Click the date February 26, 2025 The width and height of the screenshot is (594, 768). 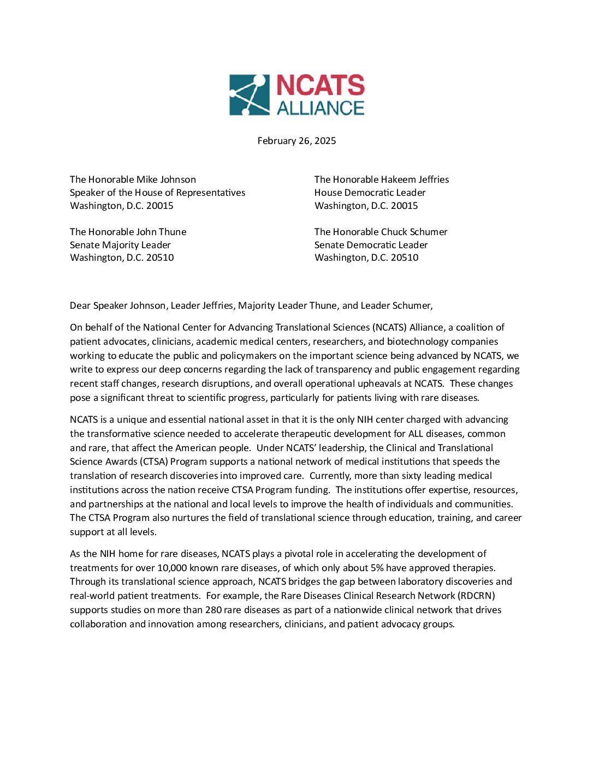coord(296,141)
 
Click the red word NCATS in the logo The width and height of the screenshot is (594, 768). coord(320,86)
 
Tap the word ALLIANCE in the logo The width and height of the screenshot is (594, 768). coord(320,107)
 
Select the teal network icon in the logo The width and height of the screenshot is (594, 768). coord(249,95)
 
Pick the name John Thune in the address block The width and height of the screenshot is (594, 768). coord(161,232)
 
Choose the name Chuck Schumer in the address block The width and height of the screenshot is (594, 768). coord(417,232)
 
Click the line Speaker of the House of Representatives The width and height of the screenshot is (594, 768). coord(157,193)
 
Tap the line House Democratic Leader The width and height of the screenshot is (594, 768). coord(370,193)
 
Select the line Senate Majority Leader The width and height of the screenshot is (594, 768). coord(120,245)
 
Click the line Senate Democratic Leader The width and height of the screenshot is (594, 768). coord(371,245)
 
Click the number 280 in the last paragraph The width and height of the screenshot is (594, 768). coord(213,610)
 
